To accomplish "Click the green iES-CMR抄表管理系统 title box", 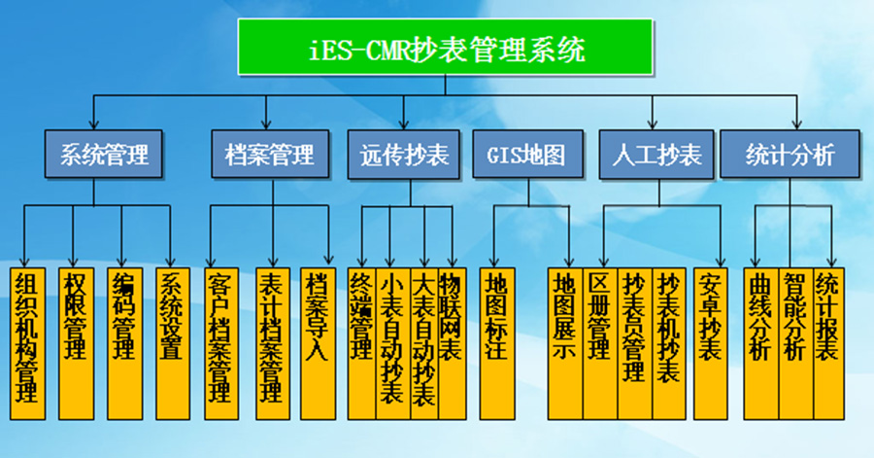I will click(x=445, y=48).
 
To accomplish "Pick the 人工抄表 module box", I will click(x=656, y=155).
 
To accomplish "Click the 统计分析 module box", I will click(x=790, y=155).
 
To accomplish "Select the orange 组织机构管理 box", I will click(x=28, y=340).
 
